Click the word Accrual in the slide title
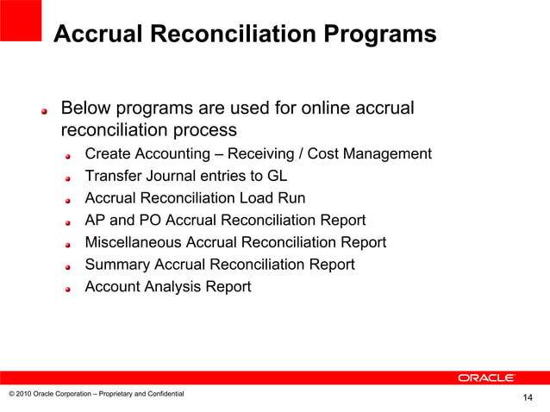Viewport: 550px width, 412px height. (95, 34)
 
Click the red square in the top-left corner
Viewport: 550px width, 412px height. (21, 20)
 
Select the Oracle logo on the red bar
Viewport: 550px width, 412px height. (486, 378)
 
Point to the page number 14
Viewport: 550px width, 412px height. (528, 397)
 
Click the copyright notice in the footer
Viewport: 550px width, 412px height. (96, 394)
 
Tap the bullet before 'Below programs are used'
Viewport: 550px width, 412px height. (46, 111)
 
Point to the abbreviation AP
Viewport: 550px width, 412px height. (96, 220)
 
